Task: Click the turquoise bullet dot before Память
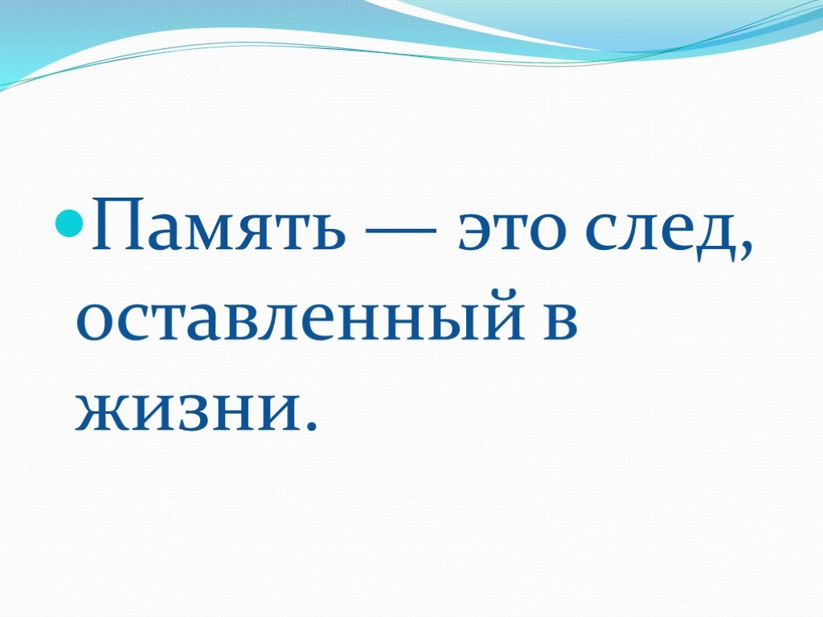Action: click(x=69, y=223)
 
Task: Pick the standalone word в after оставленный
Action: click(x=560, y=321)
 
